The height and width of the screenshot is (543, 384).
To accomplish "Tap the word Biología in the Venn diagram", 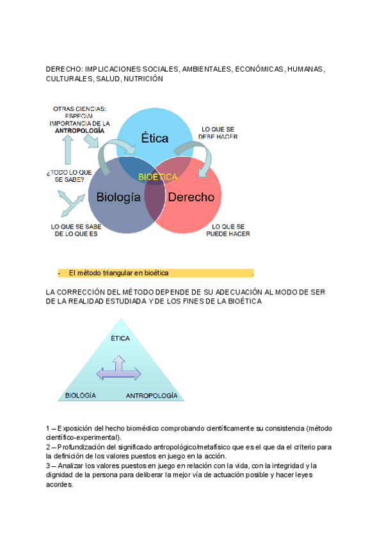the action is click(118, 197).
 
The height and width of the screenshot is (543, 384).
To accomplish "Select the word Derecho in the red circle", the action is click(191, 197).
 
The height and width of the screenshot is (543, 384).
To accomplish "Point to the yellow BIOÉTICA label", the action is click(157, 177).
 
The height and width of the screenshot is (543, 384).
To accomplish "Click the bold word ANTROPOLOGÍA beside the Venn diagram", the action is click(80, 130).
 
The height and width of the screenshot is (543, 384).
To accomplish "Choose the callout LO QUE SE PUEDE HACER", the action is click(228, 230).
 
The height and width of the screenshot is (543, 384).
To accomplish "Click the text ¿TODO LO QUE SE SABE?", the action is click(70, 175).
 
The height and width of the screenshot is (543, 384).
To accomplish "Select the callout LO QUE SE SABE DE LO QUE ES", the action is click(75, 230).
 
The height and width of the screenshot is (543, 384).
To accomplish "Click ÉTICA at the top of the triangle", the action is click(120, 338).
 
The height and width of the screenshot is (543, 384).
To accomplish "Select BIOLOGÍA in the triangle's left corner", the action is click(81, 396).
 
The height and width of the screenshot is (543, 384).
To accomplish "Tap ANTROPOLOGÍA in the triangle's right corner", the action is click(152, 396).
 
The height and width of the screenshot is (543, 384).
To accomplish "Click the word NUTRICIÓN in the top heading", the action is click(143, 79).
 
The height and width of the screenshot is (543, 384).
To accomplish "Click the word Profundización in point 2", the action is click(80, 447).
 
